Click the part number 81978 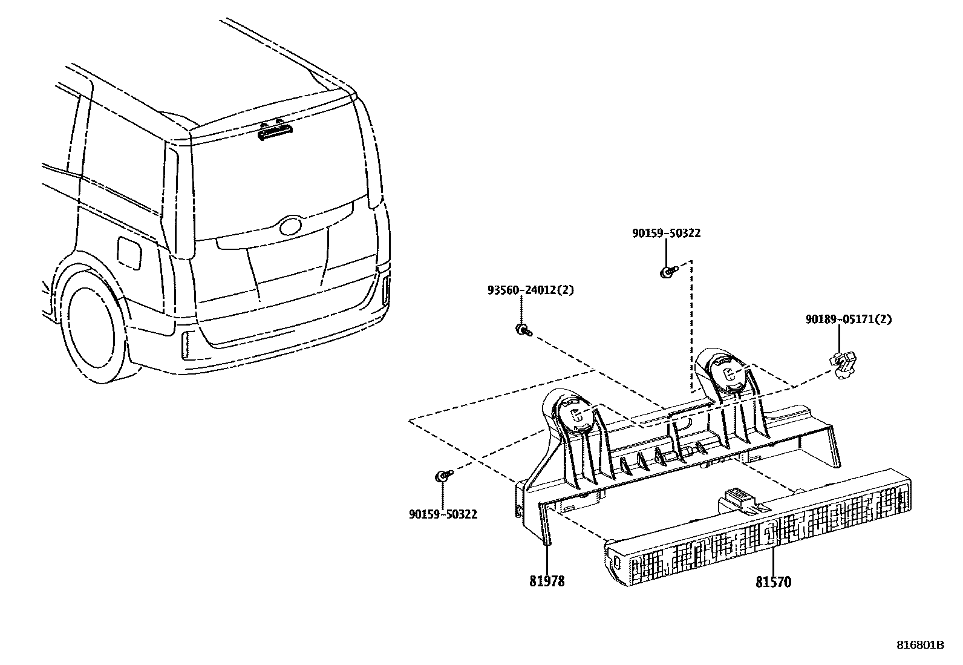(547, 581)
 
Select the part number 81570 (772, 582)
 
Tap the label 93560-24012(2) (530, 290)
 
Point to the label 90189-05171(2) (847, 319)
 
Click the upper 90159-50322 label (666, 234)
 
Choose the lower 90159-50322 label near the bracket (443, 514)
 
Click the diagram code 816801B (919, 645)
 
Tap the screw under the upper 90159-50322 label (666, 272)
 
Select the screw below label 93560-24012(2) (522, 329)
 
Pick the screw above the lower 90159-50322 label (442, 476)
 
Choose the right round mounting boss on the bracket (726, 373)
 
